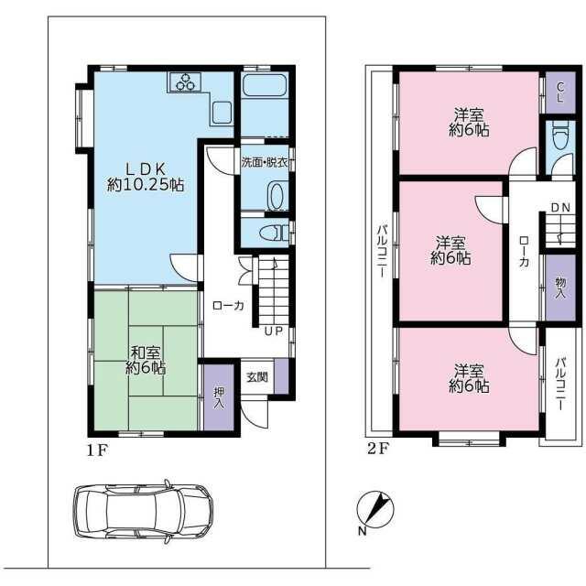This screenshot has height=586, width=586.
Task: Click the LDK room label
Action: (146, 177)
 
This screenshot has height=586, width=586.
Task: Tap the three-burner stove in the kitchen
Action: (185, 81)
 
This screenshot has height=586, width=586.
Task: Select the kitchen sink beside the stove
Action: (222, 112)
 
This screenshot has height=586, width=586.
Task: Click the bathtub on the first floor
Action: (265, 85)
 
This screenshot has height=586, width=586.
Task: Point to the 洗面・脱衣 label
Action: (265, 163)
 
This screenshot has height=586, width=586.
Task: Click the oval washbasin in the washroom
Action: (277, 196)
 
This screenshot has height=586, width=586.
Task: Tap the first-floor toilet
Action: (275, 233)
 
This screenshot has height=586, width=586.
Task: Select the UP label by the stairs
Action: (274, 331)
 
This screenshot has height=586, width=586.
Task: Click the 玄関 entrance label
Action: (257, 377)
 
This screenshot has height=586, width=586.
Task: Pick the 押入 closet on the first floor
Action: (219, 397)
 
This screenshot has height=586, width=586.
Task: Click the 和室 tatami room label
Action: (146, 360)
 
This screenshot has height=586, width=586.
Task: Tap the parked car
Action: (143, 511)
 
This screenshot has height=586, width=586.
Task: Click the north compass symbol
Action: (375, 509)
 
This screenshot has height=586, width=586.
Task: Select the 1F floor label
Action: (97, 450)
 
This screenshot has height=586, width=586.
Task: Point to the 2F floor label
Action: (378, 448)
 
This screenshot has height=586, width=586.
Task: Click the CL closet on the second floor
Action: (560, 92)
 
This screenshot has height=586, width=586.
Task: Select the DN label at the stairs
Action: (560, 208)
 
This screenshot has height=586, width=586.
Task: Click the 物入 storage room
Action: (560, 288)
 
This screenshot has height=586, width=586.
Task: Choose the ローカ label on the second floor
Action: (524, 252)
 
